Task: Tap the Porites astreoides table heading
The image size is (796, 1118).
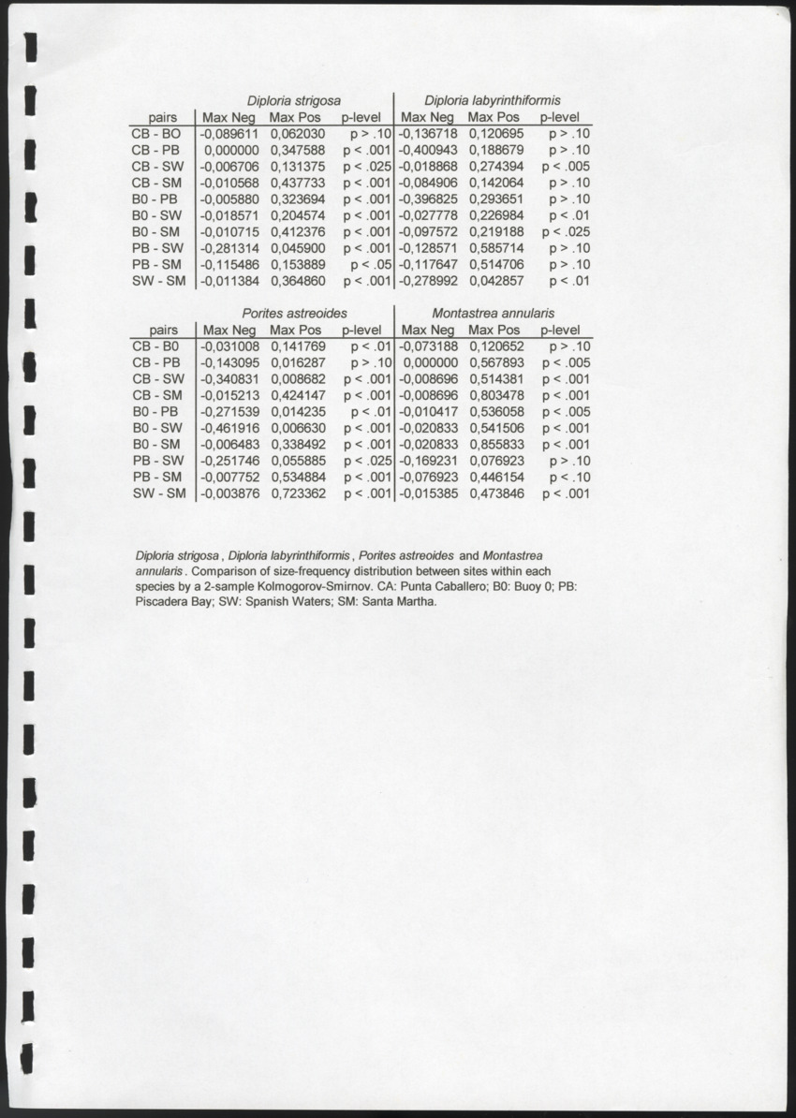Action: tap(294, 312)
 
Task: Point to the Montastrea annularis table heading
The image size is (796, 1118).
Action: tap(494, 312)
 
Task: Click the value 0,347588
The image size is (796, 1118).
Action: tap(297, 150)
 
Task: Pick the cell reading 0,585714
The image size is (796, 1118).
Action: tap(495, 248)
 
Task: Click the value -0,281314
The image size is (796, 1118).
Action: tap(229, 248)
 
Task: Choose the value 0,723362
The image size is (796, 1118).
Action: tap(298, 493)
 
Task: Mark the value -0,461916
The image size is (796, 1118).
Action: tap(229, 427)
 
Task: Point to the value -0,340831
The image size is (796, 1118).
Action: tap(229, 378)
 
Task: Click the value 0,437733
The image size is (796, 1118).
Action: tap(297, 183)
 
